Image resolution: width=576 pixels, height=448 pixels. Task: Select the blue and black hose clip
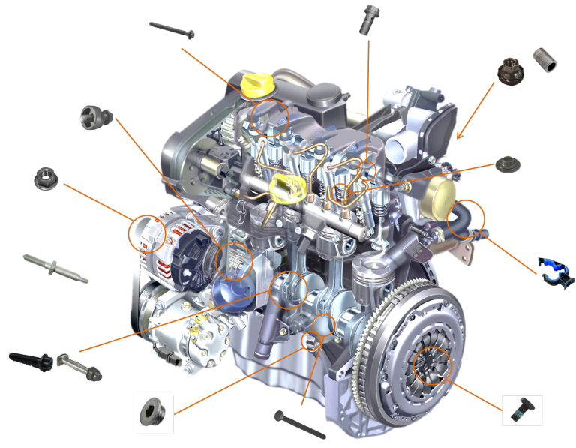tap(555, 272)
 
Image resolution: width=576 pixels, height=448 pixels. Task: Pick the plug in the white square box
tap(154, 413)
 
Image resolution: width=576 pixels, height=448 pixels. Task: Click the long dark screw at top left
tap(172, 30)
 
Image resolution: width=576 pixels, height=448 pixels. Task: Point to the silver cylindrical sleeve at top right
tap(545, 59)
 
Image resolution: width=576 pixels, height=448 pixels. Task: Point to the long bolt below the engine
tap(300, 425)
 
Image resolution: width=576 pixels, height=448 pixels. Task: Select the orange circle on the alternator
tap(147, 233)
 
